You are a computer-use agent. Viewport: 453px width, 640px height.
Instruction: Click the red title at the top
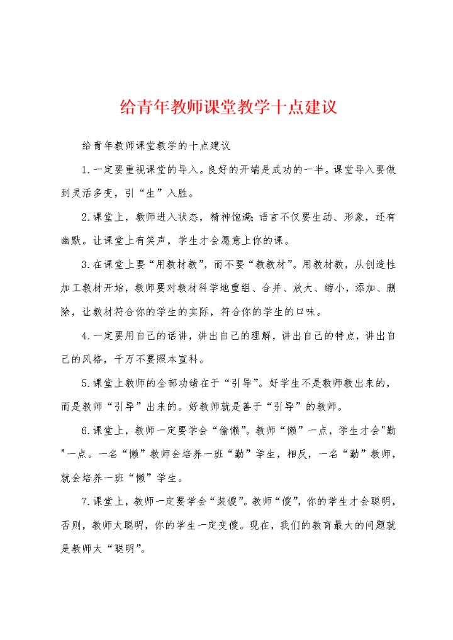(228, 106)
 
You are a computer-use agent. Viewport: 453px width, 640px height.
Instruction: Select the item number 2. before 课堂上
(86, 217)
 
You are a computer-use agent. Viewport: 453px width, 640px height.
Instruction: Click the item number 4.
(86, 336)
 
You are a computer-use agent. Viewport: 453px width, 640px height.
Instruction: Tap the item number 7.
(86, 501)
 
